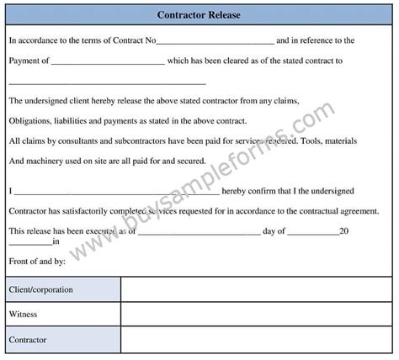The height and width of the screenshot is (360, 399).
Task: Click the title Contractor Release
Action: point(199,14)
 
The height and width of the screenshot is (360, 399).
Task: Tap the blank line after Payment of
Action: point(108,62)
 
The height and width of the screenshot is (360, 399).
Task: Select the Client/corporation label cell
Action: point(65,289)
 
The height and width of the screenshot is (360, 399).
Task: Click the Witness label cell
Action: point(65,315)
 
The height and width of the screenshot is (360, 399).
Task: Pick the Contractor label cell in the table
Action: point(65,341)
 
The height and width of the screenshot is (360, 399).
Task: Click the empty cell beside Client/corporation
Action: point(257,289)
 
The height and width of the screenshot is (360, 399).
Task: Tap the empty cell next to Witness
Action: point(257,315)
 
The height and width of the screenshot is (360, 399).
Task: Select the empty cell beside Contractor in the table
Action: point(257,341)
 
